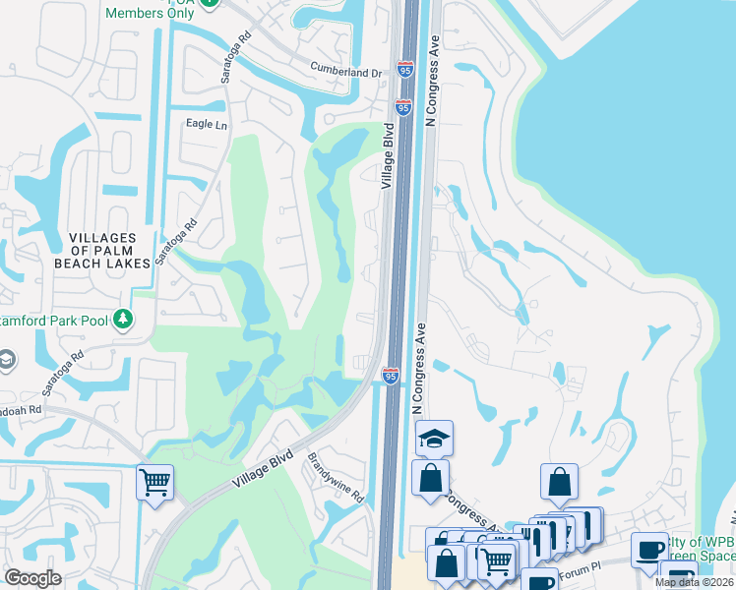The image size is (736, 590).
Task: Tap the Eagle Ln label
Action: point(207,125)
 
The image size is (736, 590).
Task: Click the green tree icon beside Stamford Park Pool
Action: point(123,319)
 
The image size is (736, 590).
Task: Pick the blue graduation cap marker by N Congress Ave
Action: point(434,439)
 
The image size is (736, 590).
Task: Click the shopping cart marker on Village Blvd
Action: point(154,483)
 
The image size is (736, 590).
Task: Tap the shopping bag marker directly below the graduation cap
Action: point(430,481)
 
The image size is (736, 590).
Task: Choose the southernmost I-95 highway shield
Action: point(391,375)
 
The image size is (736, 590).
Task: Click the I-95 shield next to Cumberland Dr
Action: point(405,69)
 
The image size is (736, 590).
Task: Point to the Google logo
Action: point(32,578)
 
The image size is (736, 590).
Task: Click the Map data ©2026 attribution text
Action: point(694,582)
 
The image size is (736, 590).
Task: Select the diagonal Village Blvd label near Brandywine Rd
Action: point(265,471)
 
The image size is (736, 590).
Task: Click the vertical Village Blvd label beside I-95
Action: point(389,155)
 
